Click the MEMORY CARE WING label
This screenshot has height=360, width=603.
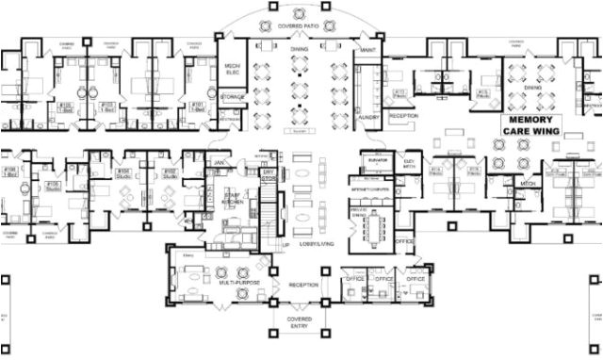534,126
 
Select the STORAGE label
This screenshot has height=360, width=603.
233,96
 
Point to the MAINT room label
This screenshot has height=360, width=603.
367,49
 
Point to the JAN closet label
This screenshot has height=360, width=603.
219,160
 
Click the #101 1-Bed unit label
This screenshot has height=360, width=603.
198,106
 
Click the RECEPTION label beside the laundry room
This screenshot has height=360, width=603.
404,115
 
